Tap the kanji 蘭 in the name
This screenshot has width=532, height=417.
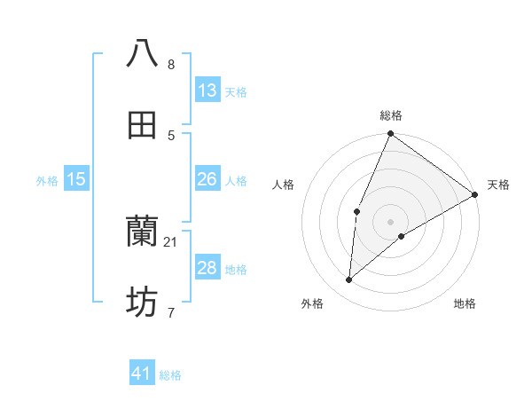tap(142, 232)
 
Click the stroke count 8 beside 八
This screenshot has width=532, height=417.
tap(171, 65)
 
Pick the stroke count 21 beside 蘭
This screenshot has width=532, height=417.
tap(171, 242)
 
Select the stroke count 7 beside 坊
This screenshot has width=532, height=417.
tap(171, 313)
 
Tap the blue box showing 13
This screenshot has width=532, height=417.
tap(207, 90)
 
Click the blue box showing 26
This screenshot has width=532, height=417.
tap(207, 179)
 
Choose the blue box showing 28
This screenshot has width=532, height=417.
tap(207, 268)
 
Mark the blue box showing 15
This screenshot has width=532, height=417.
tap(76, 179)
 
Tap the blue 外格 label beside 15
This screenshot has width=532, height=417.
tap(47, 181)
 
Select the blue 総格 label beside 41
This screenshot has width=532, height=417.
tap(170, 375)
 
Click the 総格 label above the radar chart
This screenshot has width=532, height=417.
tap(391, 115)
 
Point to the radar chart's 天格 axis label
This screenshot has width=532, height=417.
tap(498, 185)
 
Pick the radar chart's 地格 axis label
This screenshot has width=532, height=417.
tap(465, 303)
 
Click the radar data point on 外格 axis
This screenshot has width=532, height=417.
tap(349, 279)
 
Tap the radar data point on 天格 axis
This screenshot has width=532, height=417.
tap(475, 194)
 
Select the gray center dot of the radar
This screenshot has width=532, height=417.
tap(391, 221)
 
